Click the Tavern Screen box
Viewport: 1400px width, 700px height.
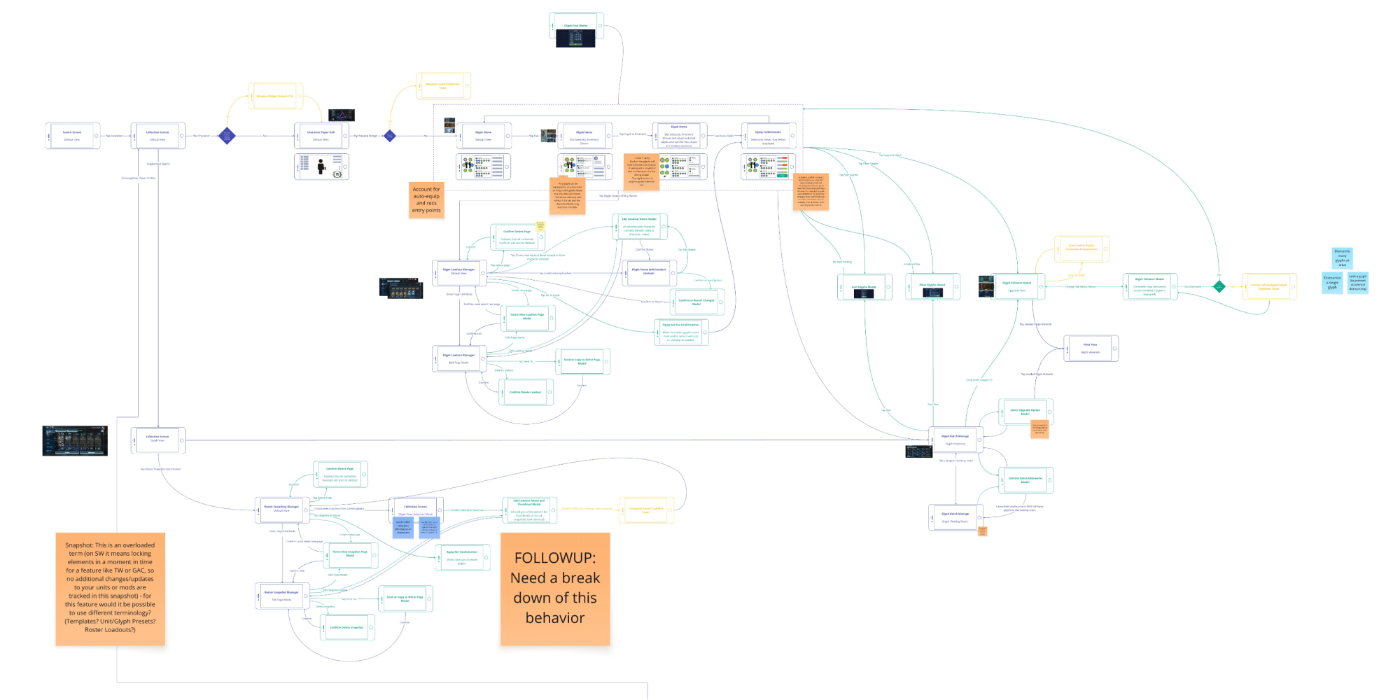click(72, 136)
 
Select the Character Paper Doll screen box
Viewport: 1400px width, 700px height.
click(321, 136)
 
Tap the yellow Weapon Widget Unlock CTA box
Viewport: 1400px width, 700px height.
click(275, 97)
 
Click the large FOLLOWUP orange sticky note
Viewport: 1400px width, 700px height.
click(555, 589)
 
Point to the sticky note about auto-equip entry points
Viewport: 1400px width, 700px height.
click(426, 200)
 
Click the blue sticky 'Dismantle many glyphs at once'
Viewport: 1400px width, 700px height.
click(1342, 257)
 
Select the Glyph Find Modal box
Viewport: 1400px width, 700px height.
click(576, 26)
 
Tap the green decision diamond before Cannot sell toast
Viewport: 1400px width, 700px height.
click(1219, 286)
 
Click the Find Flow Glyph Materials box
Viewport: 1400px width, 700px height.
click(1091, 348)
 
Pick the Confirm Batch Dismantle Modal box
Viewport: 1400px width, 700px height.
click(1025, 480)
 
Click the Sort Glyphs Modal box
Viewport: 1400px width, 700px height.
click(864, 287)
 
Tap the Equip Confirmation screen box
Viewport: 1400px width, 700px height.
click(769, 136)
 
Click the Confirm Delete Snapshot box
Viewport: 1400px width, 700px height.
click(347, 627)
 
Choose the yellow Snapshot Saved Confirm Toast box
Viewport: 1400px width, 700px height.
click(646, 510)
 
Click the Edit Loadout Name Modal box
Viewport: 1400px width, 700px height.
click(639, 227)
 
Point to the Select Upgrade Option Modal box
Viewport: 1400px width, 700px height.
click(1025, 412)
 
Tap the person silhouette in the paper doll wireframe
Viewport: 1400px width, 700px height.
click(321, 167)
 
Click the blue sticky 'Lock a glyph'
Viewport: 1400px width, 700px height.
click(1358, 282)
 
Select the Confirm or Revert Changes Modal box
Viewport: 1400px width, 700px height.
click(696, 302)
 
